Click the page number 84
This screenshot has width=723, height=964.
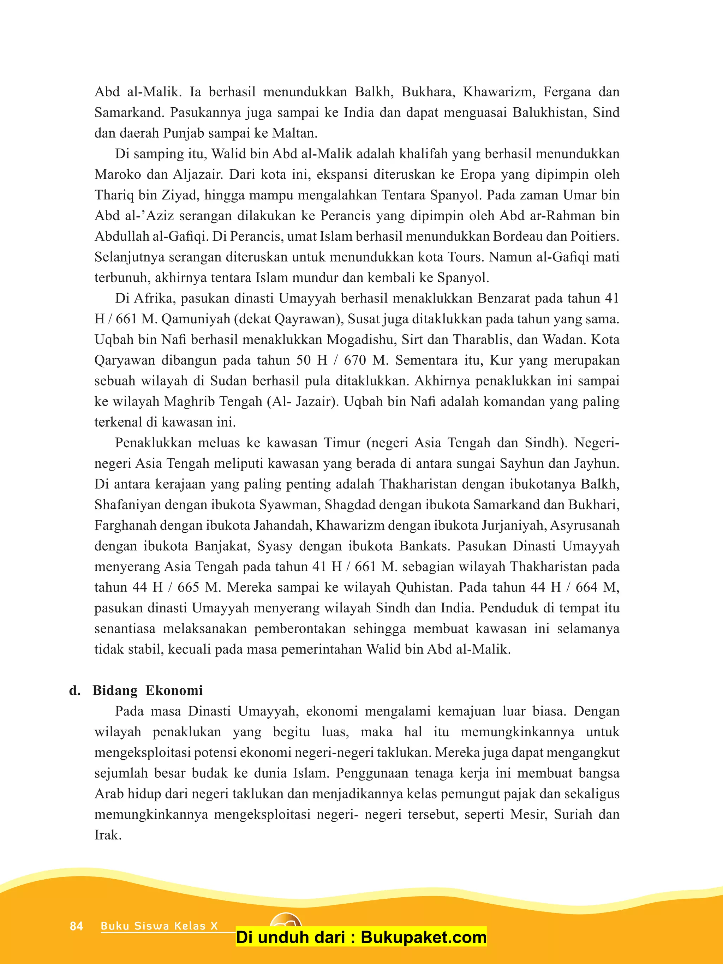[x=76, y=926]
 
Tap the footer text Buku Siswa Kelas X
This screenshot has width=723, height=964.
[x=159, y=926]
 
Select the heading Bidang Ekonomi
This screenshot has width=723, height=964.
[x=147, y=690]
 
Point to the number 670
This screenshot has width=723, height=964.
[x=355, y=360]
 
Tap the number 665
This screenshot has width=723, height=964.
[x=188, y=587]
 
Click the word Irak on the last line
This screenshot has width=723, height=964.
[x=107, y=835]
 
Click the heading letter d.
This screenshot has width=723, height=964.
[x=74, y=690]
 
